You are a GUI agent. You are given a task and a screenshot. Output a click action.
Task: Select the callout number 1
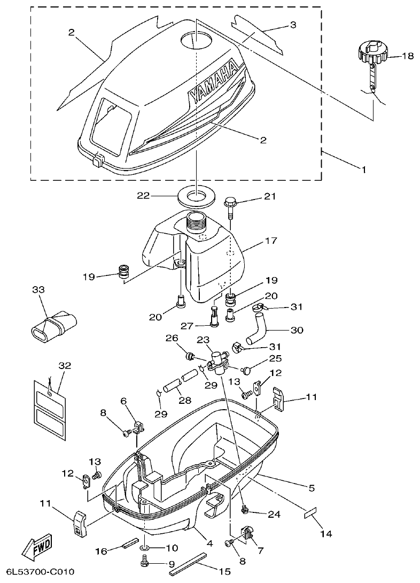364,170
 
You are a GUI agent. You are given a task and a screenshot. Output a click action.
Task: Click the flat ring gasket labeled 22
196,196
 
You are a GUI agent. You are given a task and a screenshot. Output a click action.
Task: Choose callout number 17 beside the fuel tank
271,241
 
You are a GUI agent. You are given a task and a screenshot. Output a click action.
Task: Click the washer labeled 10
146,548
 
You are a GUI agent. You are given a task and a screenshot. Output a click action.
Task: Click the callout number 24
274,515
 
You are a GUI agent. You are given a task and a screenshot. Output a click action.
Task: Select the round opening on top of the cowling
196,40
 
